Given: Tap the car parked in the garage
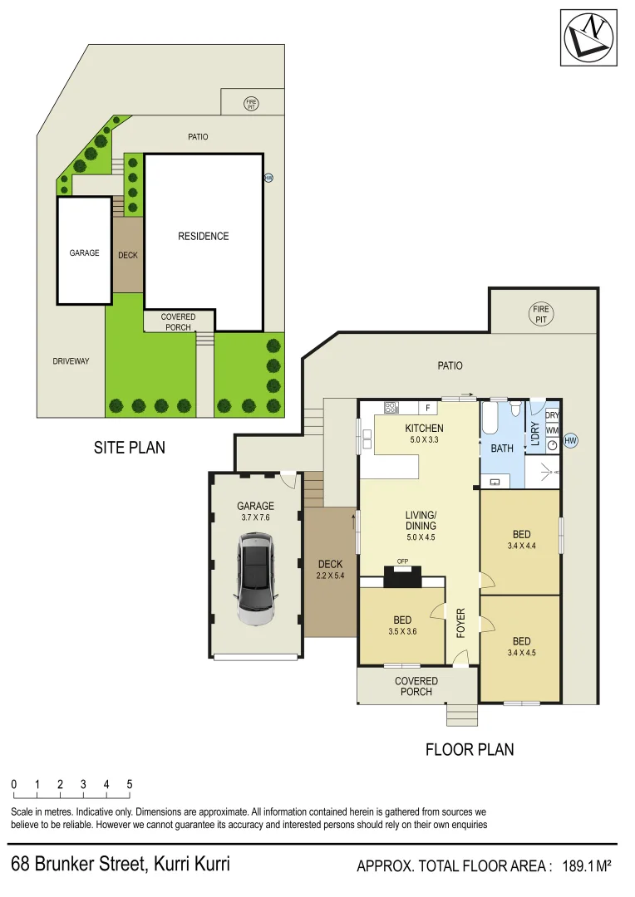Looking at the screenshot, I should coord(255,579).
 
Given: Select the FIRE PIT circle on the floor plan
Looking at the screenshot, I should coord(541,314).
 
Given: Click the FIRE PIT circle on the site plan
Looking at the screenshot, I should coord(252,104).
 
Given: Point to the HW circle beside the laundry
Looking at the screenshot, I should coord(570,441).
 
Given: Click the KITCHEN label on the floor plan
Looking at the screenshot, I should coord(424,429).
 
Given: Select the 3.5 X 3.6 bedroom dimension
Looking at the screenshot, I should coord(403,632).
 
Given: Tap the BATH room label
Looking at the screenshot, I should coord(502,448).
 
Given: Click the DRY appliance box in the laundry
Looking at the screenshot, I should coord(552,415).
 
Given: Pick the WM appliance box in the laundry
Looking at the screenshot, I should coord(552,429).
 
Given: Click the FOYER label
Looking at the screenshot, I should coord(460,623).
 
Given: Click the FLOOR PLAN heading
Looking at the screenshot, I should coord(470,749).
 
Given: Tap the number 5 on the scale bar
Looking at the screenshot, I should coord(130,784).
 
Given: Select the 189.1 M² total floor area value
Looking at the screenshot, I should coord(588,866).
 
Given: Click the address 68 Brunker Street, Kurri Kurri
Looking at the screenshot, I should coord(121,864).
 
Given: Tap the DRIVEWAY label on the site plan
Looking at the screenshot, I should coord(71,361).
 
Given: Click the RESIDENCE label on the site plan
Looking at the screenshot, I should coord(203,236).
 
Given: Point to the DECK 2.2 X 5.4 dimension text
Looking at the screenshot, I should coord(330,575).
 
